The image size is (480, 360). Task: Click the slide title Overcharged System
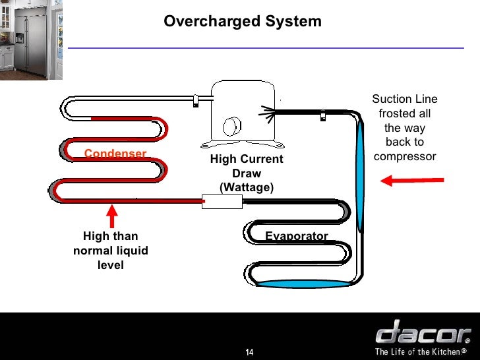243,22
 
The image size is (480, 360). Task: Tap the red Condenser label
115,154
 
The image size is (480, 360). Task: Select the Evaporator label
296,236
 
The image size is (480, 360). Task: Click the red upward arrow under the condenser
112,216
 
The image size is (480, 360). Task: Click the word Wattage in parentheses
246,188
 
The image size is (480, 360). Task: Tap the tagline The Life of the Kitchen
421,351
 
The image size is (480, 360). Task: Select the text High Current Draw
246,167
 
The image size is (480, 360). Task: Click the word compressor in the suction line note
405,157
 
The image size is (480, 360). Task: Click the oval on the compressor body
231,126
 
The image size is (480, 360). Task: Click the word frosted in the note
405,114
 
